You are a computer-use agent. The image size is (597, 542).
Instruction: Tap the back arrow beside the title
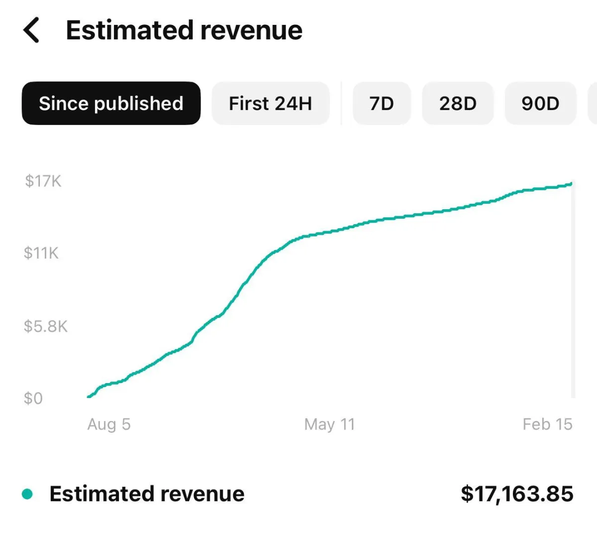(31, 30)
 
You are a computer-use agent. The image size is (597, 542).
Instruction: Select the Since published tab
(111, 103)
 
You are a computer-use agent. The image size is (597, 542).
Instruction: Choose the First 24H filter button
(270, 103)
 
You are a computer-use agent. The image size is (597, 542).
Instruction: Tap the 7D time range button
(382, 103)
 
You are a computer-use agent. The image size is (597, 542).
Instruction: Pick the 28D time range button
(458, 103)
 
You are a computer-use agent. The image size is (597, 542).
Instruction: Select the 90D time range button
(540, 103)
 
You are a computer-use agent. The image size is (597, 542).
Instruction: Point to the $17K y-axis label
(43, 181)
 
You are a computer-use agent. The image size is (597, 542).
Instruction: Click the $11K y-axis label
(41, 253)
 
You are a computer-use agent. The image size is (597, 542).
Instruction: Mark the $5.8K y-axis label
(46, 326)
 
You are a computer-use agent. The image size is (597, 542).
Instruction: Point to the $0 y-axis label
(33, 398)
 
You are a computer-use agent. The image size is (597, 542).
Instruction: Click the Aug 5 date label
(109, 424)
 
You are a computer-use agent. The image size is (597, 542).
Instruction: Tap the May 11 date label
(329, 424)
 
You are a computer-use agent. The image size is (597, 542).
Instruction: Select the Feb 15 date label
(547, 424)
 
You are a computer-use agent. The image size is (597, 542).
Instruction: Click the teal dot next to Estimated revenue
(27, 494)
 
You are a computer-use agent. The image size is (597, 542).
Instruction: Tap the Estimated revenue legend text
(147, 494)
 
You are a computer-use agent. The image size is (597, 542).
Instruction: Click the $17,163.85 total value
(517, 494)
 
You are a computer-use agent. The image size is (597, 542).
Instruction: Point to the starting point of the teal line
(89, 397)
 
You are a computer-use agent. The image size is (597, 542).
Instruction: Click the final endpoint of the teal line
(571, 184)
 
